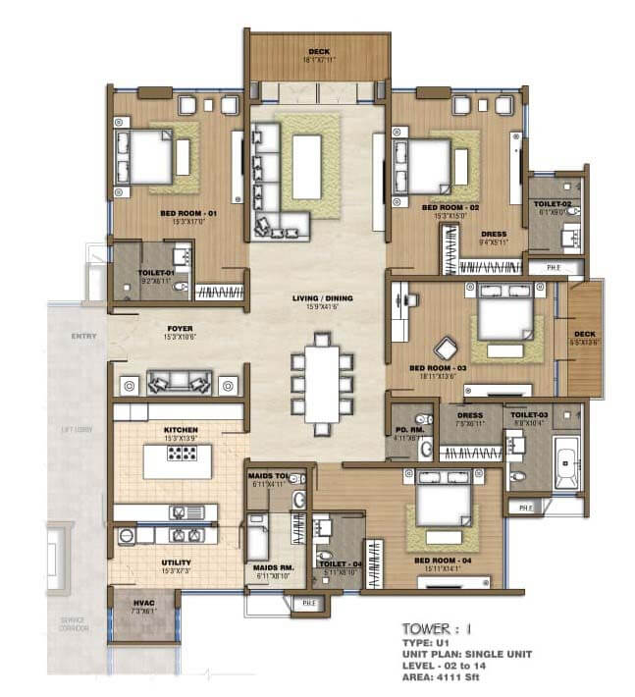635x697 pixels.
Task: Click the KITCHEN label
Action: pyautogui.click(x=181, y=430)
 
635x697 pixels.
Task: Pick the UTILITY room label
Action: pyautogui.click(x=177, y=563)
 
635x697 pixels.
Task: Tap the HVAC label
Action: pyautogui.click(x=143, y=604)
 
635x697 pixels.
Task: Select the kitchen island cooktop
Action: pyautogui.click(x=181, y=454)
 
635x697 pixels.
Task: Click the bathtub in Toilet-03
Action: pyautogui.click(x=567, y=462)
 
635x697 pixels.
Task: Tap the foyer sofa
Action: pyautogui.click(x=179, y=383)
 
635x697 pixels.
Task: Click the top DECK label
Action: pyautogui.click(x=318, y=52)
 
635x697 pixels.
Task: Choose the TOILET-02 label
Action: pyautogui.click(x=555, y=204)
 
